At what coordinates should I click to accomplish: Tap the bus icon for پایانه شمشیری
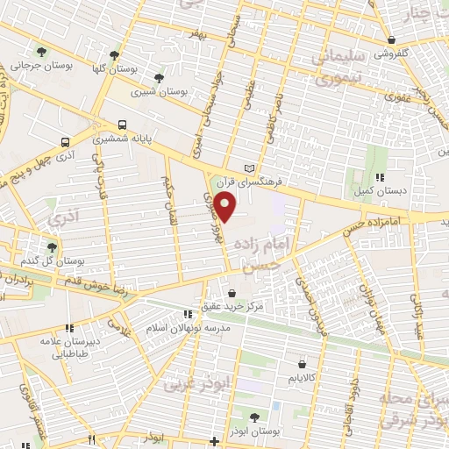(122, 125)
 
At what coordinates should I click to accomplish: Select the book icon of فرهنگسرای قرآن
(251, 168)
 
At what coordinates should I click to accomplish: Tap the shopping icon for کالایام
(302, 363)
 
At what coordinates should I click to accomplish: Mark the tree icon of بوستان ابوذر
(254, 417)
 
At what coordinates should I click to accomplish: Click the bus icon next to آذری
(66, 141)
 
